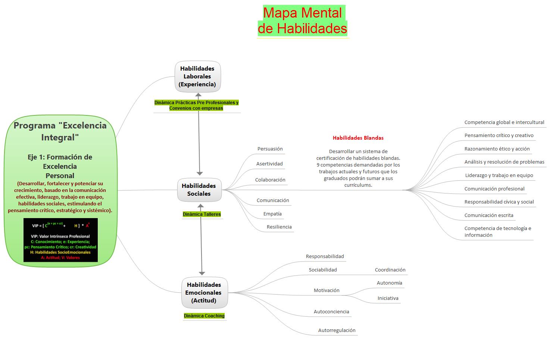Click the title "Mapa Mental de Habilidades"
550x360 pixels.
click(x=302, y=21)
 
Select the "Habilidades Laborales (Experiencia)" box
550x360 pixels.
click(x=197, y=77)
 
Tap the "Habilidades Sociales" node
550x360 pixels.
click(x=199, y=190)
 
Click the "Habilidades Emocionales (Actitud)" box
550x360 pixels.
click(x=204, y=292)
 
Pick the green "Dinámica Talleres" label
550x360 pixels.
click(x=201, y=214)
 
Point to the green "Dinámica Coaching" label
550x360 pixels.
click(x=204, y=316)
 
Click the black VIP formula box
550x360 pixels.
click(x=60, y=240)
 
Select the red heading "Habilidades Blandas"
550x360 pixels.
click(x=358, y=138)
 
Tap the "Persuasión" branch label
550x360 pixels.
click(x=270, y=149)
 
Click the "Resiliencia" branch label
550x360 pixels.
click(x=279, y=227)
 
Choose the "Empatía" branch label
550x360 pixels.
click(x=272, y=214)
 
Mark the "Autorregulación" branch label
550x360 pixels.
click(x=337, y=330)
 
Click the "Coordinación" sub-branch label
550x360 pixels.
click(x=390, y=270)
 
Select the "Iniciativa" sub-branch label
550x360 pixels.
click(x=388, y=298)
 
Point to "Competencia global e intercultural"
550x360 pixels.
click(x=504, y=122)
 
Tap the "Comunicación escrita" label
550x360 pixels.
click(x=488, y=215)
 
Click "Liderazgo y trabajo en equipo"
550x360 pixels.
click(x=499, y=175)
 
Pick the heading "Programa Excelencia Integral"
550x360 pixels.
click(x=60, y=131)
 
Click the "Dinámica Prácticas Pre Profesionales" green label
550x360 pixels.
click(x=196, y=105)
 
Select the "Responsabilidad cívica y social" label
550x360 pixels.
click(x=499, y=202)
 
